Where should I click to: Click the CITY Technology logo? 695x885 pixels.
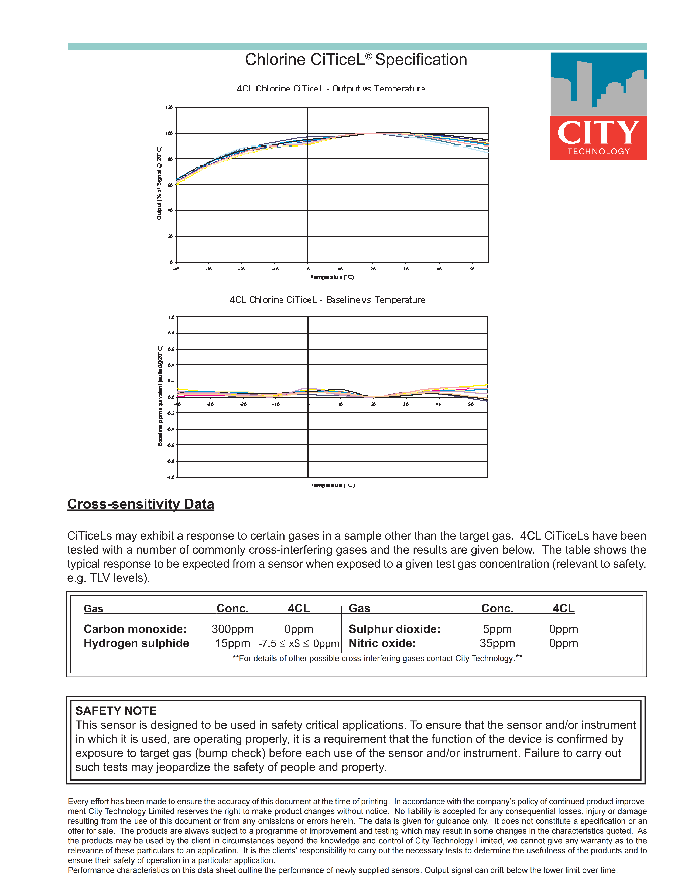pos(598,106)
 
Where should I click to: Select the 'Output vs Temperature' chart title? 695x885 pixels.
pos(331,88)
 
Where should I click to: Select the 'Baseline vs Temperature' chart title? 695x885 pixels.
pos(328,300)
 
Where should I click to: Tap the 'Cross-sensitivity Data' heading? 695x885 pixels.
pos(141,504)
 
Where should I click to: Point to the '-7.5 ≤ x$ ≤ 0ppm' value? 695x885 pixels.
pos(299,644)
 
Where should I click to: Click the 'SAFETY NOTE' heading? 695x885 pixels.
pos(116,711)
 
